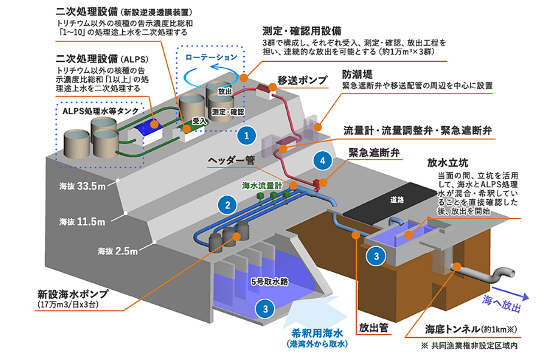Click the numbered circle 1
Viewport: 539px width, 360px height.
pyautogui.click(x=246, y=135)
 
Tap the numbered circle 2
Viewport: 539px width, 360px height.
pyautogui.click(x=228, y=205)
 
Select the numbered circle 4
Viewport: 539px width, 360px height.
pyautogui.click(x=323, y=160)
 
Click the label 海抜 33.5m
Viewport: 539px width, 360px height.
pyautogui.click(x=82, y=186)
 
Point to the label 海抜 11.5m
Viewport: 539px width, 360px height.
pyautogui.click(x=82, y=221)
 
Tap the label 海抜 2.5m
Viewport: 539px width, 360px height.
pyautogui.click(x=118, y=251)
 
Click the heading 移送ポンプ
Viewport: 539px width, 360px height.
pyautogui.click(x=302, y=80)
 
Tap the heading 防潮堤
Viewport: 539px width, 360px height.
pyautogui.click(x=357, y=74)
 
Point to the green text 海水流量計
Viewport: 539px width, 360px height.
pyautogui.click(x=262, y=186)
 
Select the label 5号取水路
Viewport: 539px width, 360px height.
pyautogui.click(x=270, y=282)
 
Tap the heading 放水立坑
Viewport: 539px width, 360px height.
pyautogui.click(x=447, y=163)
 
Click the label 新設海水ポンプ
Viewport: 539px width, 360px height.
pyautogui.click(x=73, y=294)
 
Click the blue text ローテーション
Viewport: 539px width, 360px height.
pyautogui.click(x=211, y=57)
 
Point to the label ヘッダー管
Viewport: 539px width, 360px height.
pyautogui.click(x=231, y=161)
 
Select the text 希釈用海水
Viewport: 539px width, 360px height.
pyautogui.click(x=317, y=333)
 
